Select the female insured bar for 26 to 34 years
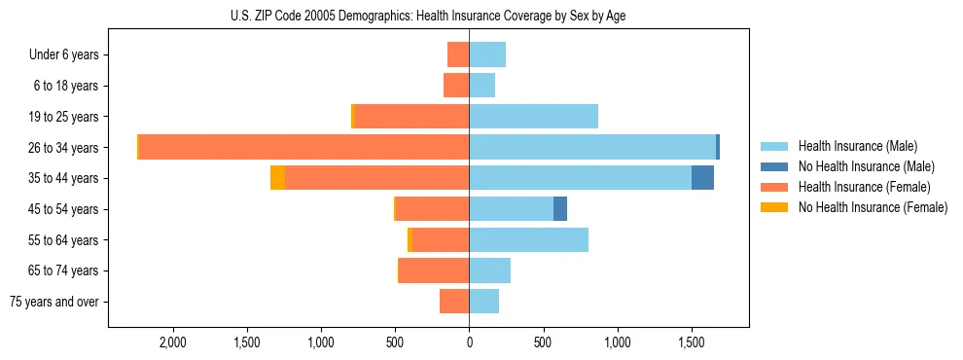(304, 147)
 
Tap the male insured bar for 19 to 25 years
(533, 117)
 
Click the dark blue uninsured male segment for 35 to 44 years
(702, 178)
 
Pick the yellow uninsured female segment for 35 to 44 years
(277, 178)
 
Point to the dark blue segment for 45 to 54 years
(560, 209)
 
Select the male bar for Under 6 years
(487, 54)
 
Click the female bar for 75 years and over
(454, 302)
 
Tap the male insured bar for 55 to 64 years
(528, 239)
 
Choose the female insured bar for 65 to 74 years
(434, 270)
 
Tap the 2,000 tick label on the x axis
(172, 342)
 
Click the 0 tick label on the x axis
(469, 342)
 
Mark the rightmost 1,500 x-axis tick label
(691, 342)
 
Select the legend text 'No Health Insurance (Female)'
(873, 207)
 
